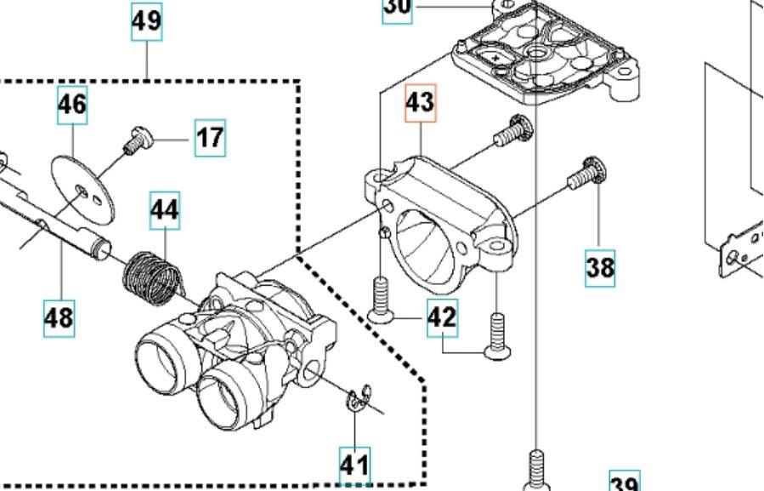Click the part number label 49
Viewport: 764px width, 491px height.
(146, 21)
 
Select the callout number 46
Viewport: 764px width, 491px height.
(72, 105)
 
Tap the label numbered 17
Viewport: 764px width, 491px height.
(210, 137)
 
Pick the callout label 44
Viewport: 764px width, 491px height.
(166, 209)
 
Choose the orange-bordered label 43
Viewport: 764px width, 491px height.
(421, 103)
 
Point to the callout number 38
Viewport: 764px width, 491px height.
(600, 267)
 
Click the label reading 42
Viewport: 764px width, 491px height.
(442, 317)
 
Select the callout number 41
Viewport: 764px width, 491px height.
(355, 465)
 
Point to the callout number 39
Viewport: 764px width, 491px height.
(625, 483)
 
